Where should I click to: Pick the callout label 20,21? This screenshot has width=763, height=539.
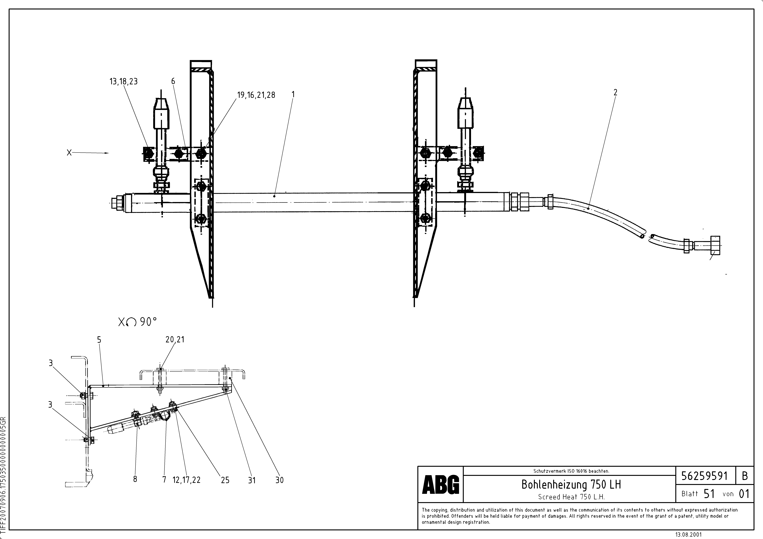175,340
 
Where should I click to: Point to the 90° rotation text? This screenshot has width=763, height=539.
148,322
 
